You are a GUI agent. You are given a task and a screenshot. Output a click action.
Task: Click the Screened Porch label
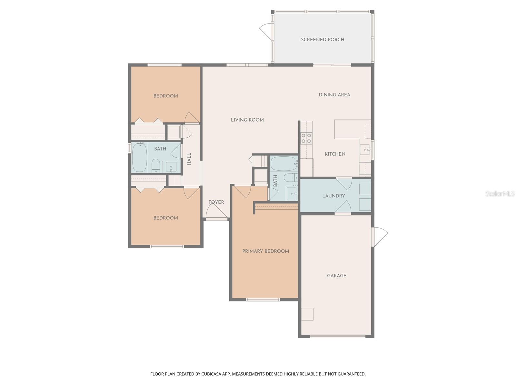pyautogui.click(x=322, y=40)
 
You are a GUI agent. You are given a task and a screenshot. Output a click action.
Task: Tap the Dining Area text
pyautogui.click(x=334, y=95)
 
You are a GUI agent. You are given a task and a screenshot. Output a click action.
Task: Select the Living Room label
pyautogui.click(x=247, y=120)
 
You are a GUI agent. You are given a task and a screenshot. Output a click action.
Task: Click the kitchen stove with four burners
pyautogui.click(x=306, y=138)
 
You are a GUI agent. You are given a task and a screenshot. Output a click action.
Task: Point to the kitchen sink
pyautogui.click(x=365, y=150)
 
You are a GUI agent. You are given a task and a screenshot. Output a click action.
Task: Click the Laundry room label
pyautogui.click(x=333, y=196)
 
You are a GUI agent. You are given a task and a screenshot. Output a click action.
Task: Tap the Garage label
pyautogui.click(x=336, y=276)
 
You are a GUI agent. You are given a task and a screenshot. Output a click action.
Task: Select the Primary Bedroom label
pyautogui.click(x=265, y=251)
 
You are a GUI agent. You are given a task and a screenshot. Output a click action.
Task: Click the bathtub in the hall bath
pyautogui.click(x=140, y=157)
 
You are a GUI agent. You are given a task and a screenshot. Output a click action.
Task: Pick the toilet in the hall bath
pyautogui.click(x=156, y=166)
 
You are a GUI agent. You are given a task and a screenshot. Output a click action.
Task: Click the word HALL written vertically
pyautogui.click(x=189, y=159)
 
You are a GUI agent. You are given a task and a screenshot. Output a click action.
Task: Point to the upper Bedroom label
pyautogui.click(x=165, y=96)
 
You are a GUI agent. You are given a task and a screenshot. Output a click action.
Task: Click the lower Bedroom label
pyautogui.click(x=165, y=218)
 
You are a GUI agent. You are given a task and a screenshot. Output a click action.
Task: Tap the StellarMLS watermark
pyautogui.click(x=500, y=194)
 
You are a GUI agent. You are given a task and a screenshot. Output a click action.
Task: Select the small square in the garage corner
pyautogui.click(x=307, y=314)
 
